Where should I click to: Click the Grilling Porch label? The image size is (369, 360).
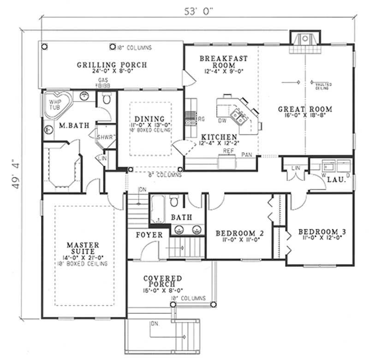[112, 65]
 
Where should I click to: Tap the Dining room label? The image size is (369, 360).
[149, 119]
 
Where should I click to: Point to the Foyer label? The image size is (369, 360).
[149, 235]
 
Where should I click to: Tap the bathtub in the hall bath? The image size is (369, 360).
[156, 209]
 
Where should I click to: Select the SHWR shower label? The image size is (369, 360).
[105, 137]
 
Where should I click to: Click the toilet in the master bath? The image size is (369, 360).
[107, 99]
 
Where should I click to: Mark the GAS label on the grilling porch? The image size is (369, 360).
[100, 80]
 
